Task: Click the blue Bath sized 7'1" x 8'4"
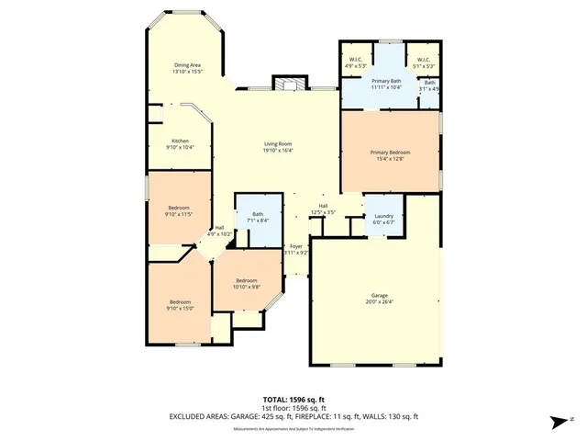258,218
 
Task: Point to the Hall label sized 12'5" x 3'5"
323,209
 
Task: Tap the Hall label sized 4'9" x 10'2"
219,231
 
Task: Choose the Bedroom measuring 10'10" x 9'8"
246,284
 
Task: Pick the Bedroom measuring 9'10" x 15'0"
179,306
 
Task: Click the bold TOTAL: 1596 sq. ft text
293,401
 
